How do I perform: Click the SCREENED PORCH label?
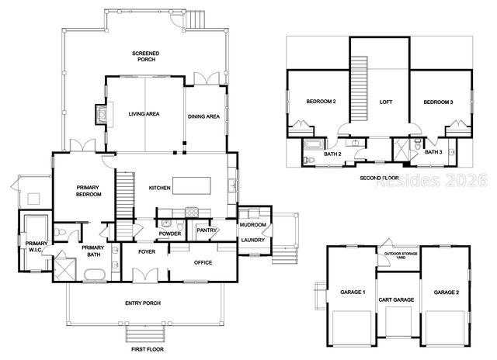tap(145, 57)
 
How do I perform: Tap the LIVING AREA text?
tap(144, 114)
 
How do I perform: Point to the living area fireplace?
tap(99, 114)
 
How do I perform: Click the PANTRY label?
tap(207, 230)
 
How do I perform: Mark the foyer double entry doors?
tap(144, 276)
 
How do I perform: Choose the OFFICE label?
tap(203, 263)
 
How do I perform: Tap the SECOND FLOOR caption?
tap(379, 178)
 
